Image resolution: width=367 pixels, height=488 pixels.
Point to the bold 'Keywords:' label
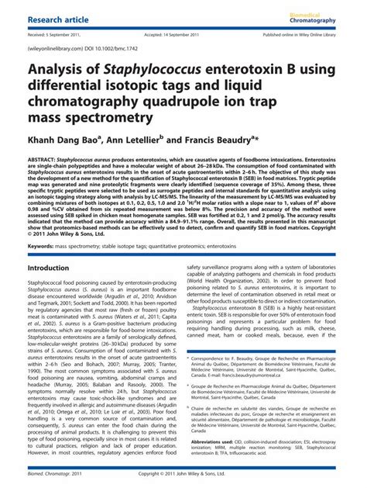[42, 246]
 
